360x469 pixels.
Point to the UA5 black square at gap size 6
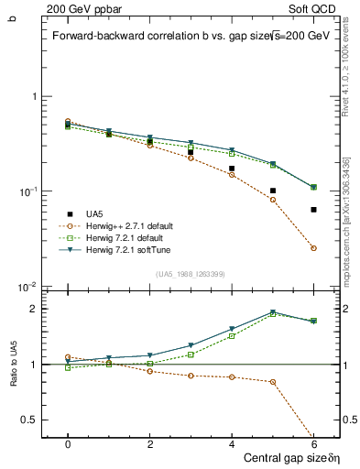313,210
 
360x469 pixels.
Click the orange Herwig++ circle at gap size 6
313,248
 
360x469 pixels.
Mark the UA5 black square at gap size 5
273,191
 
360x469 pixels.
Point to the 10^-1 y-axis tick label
32,191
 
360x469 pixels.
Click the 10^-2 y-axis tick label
32,287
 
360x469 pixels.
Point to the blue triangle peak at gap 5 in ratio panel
273,311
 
